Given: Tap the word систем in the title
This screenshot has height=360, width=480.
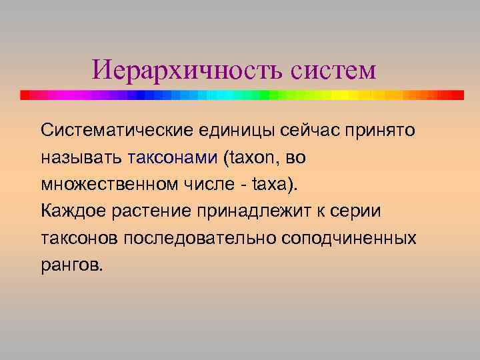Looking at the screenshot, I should click(x=333, y=69).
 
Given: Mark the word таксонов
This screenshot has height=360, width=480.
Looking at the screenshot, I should click(x=79, y=238).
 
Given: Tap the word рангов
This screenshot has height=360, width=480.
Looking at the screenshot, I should click(x=72, y=265).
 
